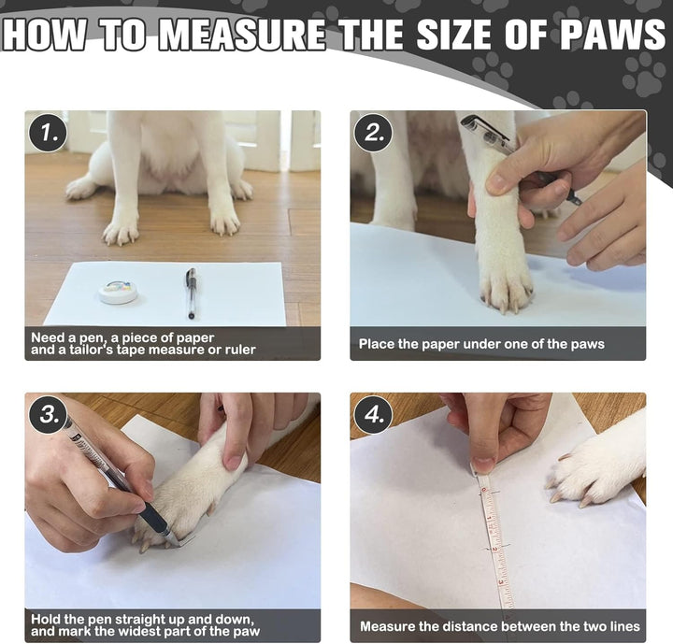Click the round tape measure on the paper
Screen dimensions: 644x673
tap(119, 293)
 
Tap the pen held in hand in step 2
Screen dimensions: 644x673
tap(505, 150)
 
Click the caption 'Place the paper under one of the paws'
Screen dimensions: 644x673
tap(481, 344)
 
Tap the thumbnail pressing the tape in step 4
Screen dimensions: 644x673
tap(482, 464)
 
